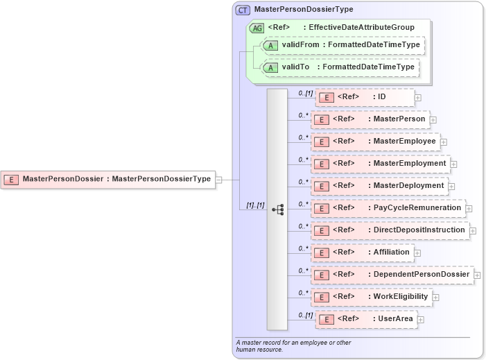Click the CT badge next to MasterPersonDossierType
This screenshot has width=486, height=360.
point(243,10)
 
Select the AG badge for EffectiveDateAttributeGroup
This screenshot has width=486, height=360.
point(257,27)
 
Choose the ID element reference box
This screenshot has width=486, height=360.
point(365,97)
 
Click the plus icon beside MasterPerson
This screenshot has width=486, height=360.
point(433,120)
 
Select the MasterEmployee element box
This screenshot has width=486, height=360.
point(375,142)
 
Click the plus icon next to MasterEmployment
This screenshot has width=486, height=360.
point(454,164)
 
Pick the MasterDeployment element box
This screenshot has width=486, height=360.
point(379,186)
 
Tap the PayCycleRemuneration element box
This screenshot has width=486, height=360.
point(388,208)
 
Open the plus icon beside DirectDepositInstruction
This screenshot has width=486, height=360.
point(473,231)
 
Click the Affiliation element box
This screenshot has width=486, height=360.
point(363,252)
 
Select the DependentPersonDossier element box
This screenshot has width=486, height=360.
point(392,275)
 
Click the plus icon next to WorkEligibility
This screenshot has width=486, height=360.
point(436,298)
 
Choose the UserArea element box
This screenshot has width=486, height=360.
point(365,319)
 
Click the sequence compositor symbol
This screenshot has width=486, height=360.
point(278,209)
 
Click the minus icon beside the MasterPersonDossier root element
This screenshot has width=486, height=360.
point(219,179)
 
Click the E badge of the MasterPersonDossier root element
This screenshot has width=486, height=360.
point(11,179)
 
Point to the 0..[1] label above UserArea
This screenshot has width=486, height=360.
point(305,315)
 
